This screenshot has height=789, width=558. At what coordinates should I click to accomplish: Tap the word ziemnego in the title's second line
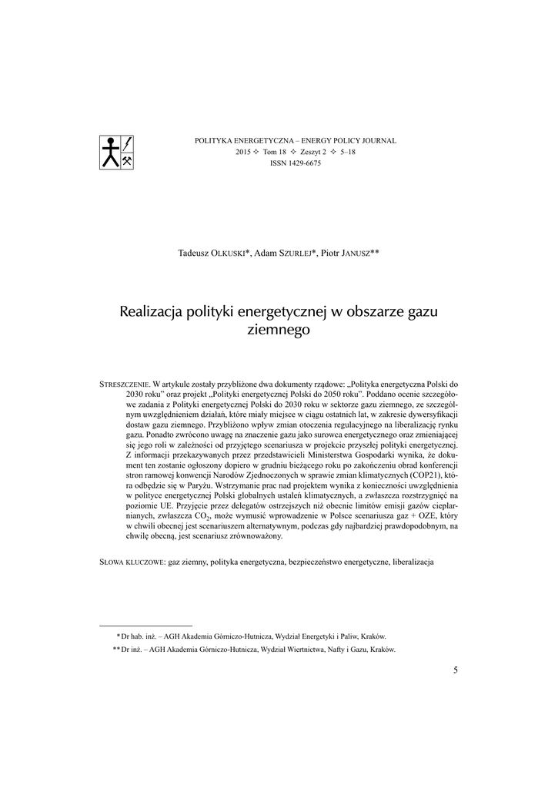click(x=279, y=330)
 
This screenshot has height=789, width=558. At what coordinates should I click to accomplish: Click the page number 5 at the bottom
click(x=456, y=670)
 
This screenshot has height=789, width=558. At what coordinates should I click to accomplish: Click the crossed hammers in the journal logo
click(x=129, y=160)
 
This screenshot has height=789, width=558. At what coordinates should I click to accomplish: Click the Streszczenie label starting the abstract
click(x=125, y=384)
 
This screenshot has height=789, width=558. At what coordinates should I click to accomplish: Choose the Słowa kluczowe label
click(x=132, y=562)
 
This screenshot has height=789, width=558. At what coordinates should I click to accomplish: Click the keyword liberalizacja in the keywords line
click(x=413, y=562)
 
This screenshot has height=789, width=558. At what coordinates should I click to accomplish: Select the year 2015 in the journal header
click(x=244, y=153)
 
